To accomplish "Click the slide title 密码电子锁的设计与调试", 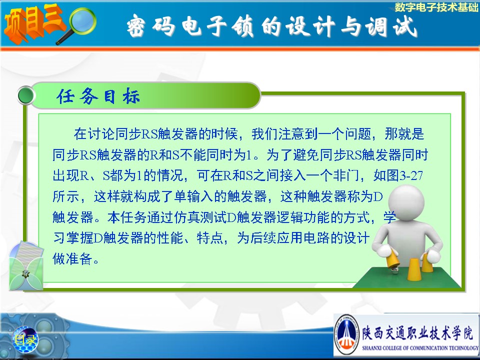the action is (272, 26).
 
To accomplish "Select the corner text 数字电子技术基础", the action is (436, 6).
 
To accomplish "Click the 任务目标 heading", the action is (98, 96).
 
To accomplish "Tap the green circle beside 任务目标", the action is (25, 95).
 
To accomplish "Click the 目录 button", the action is (25, 339).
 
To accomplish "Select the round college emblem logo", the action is (346, 334).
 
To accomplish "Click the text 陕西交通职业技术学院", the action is (417, 332).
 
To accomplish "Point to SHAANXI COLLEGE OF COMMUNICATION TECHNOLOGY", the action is (419, 348).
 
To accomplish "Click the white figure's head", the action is (406, 201).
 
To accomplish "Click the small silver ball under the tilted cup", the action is (394, 270).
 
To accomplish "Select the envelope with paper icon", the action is (26, 265).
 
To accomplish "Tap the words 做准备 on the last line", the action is (72, 258).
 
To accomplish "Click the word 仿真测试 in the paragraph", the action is (200, 217).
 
